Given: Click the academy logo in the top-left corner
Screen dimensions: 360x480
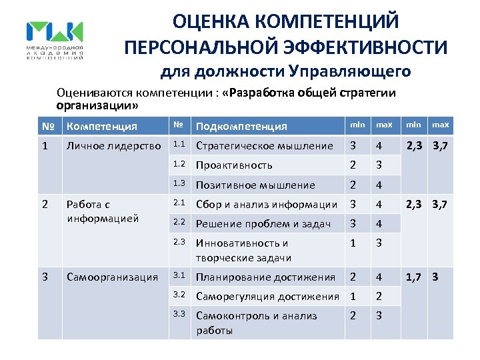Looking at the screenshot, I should [55, 41].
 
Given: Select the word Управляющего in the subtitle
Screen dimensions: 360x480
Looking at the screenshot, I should [350, 71].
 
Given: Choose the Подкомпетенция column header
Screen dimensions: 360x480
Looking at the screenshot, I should [241, 126].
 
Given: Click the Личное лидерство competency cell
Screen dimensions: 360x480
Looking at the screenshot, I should [113, 145].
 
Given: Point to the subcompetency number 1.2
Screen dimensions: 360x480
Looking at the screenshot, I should [179, 164].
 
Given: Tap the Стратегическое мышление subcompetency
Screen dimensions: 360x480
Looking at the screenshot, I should [264, 145].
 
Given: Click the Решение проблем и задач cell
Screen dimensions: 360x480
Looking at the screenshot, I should [263, 224].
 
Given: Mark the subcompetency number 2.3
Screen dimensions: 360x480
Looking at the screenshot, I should [179, 243].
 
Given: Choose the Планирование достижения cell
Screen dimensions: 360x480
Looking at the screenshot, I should [265, 277].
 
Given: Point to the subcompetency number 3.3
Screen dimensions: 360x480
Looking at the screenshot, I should [179, 315].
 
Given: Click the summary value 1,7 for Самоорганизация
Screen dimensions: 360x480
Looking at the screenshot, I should [413, 276].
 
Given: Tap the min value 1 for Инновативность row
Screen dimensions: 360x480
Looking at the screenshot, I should [353, 243].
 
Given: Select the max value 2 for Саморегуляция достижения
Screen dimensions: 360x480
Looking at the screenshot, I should [379, 296].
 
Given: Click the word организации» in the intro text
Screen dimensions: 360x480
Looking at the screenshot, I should [97, 105].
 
